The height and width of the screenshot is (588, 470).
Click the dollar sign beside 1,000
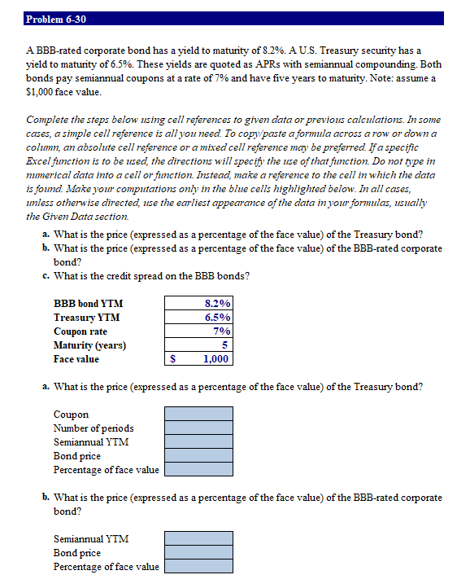point(172,359)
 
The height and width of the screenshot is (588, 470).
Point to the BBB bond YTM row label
point(88,304)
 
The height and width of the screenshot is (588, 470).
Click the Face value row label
point(76,359)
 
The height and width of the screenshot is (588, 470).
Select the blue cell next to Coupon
point(198,415)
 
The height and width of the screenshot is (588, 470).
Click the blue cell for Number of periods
point(198,428)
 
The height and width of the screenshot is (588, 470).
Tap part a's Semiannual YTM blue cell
point(198,442)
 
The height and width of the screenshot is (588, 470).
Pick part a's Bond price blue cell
point(198,456)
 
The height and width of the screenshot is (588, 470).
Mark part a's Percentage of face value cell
point(198,470)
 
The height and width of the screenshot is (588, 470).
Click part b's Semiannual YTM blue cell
point(198,539)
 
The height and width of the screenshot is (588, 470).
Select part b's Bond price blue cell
point(198,553)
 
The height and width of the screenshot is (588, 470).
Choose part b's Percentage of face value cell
point(198,567)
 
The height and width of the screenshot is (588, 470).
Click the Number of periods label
point(94,428)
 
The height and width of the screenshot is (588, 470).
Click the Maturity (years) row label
point(89,345)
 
